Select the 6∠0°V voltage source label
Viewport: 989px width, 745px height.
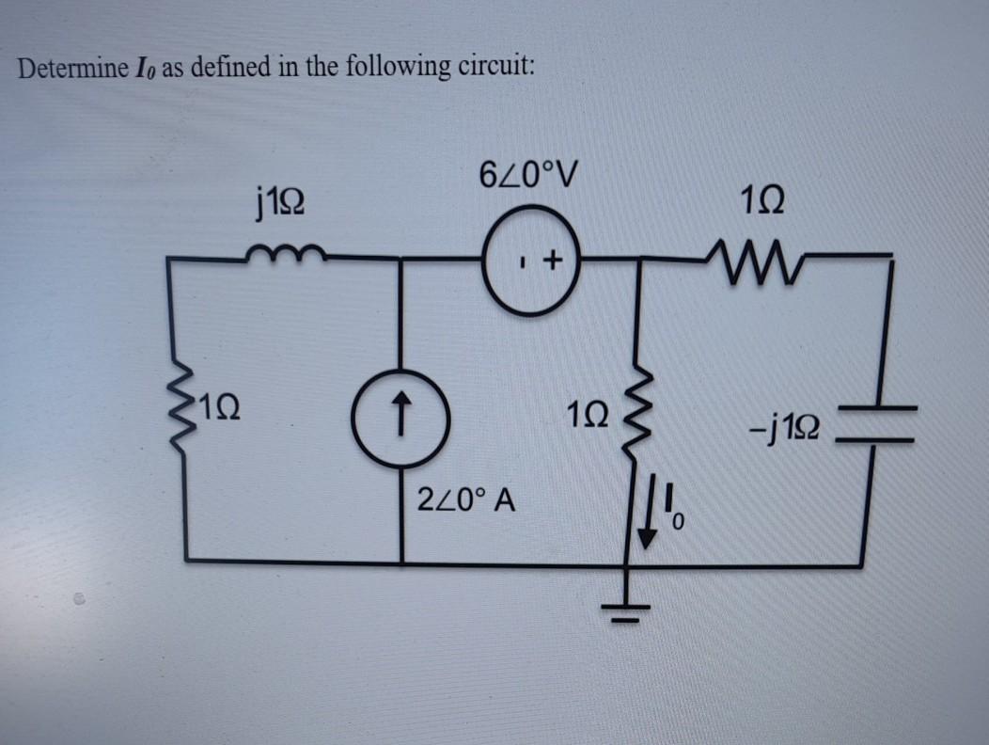coord(529,175)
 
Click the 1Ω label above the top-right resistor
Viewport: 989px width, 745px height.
coord(759,201)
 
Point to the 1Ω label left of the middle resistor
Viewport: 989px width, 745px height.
coord(589,415)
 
